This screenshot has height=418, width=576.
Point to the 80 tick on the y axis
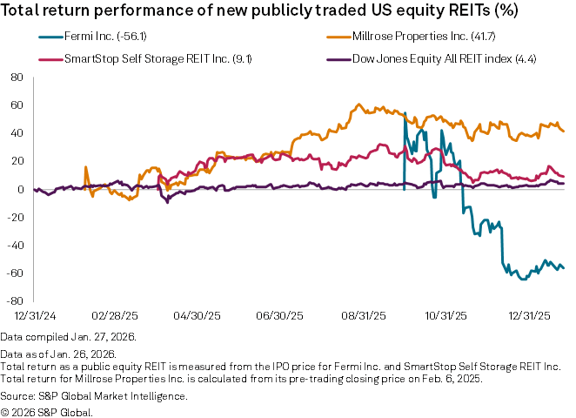16,77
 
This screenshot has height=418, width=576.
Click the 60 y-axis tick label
16,104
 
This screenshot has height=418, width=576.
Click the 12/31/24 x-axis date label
34,313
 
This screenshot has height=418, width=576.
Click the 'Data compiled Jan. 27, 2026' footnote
69,336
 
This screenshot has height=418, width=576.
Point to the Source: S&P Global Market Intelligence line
94,396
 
